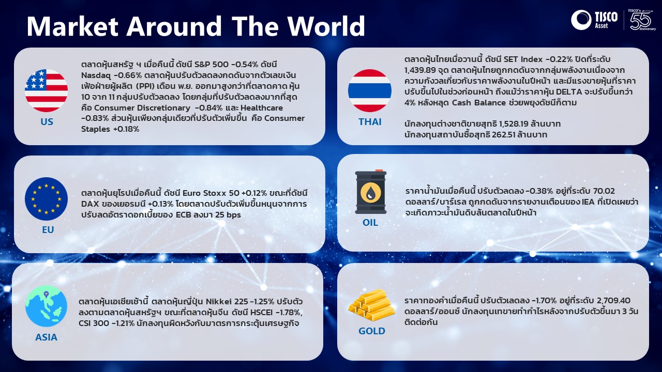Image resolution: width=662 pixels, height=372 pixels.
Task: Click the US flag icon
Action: tap(46, 90)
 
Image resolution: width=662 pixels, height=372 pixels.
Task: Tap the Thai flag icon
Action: tap(370, 90)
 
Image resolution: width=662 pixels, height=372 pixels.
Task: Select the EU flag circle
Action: tap(46, 199)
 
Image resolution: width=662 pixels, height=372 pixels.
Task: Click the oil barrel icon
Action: tap(371, 192)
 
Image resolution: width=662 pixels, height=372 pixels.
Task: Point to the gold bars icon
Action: tap(371, 305)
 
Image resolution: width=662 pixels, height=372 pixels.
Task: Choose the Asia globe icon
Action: tap(46, 306)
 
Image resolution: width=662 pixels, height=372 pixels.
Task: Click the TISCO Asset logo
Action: tap(594, 20)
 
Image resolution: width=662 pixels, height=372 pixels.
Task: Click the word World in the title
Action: tap(326, 26)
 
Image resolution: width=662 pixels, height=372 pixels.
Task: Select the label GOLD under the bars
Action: tap(372, 331)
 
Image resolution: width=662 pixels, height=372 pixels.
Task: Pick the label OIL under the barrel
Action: tap(370, 222)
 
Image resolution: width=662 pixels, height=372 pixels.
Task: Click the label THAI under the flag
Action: tap(370, 121)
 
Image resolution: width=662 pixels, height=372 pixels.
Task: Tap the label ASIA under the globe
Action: tap(46, 337)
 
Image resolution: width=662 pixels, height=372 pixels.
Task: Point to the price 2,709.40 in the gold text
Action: tap(613, 301)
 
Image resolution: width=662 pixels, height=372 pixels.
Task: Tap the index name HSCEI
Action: tap(262, 313)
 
